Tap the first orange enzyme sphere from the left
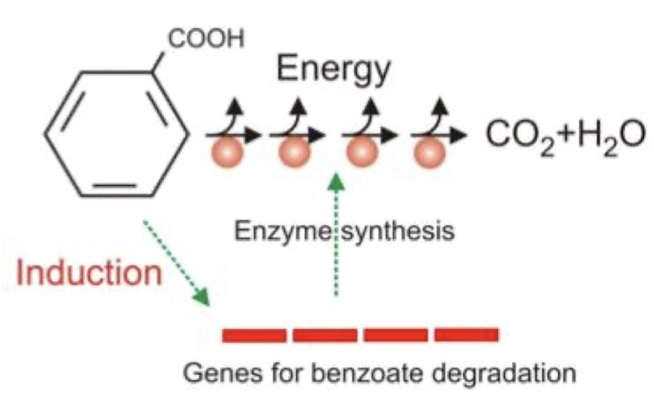click(x=224, y=152)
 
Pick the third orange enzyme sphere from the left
click(x=361, y=152)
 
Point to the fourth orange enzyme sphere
click(x=429, y=152)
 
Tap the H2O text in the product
click(x=599, y=136)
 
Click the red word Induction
click(x=90, y=272)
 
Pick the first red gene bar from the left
click(x=254, y=335)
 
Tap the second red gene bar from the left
click(x=324, y=335)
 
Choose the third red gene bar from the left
click(x=396, y=335)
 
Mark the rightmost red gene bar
click(x=466, y=335)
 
